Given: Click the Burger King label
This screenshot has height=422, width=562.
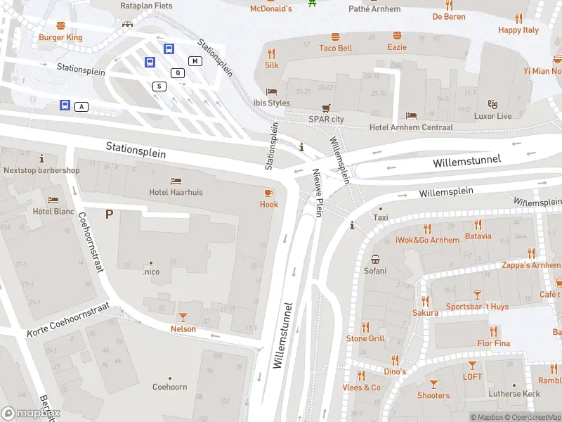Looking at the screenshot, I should (60, 37).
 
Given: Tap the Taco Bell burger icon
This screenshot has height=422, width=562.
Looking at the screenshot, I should (335, 35).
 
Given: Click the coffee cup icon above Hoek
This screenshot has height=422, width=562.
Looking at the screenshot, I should (268, 193).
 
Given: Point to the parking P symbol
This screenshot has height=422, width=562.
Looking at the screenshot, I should (109, 214).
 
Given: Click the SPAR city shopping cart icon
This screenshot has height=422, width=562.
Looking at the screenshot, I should (326, 108).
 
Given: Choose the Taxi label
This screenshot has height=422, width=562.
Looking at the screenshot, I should (381, 218).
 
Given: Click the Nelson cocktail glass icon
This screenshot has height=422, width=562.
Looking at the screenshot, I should (183, 317).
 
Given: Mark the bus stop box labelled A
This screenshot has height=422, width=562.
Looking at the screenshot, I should (82, 106).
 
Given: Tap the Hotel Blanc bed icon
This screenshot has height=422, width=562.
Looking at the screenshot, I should (53, 200).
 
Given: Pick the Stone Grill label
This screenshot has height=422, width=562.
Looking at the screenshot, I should (365, 338).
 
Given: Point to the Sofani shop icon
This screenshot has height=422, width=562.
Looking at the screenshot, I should (375, 259).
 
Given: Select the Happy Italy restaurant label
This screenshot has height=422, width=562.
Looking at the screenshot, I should (518, 30).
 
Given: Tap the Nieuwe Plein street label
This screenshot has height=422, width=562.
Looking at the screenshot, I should (318, 193).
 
